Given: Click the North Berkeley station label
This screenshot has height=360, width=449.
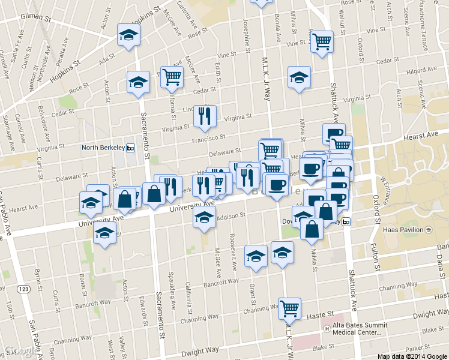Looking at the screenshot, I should tap(103, 148).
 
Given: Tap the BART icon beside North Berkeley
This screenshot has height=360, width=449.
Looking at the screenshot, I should tap(130, 148).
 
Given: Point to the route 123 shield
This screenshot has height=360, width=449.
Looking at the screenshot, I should tap(23, 289).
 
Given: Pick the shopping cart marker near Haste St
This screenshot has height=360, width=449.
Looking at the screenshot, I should tap(289, 308).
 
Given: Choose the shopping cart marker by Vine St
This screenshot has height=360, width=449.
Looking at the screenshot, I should tap(322, 41).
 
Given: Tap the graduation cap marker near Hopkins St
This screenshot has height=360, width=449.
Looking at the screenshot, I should tap(128, 35).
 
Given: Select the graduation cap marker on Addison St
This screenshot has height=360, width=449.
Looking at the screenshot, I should tap(204, 218).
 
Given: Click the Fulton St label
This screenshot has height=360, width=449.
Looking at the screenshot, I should tap(378, 256).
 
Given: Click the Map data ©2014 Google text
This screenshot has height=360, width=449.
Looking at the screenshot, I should tap(412, 356).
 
